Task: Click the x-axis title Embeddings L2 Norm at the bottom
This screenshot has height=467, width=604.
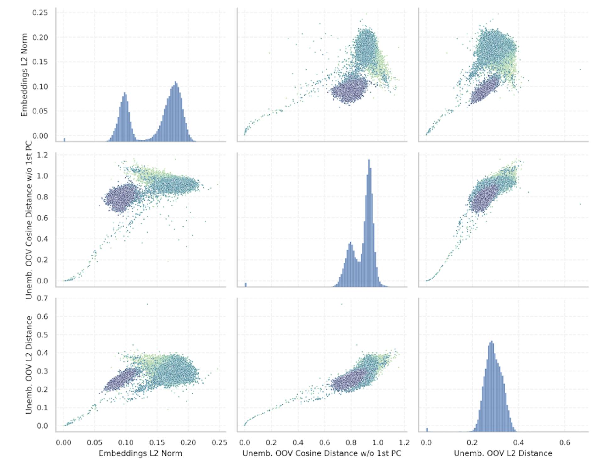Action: [x=140, y=453]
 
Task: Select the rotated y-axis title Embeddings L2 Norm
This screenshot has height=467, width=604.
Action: [x=24, y=75]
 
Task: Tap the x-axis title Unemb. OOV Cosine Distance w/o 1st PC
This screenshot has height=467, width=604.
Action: [x=322, y=453]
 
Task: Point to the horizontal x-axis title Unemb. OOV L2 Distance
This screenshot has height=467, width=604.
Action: [x=503, y=453]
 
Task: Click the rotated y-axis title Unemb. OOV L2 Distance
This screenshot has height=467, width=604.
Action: [x=29, y=365]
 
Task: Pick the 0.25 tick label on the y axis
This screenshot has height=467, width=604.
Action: [x=40, y=13]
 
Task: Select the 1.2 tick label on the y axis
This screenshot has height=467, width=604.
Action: [x=42, y=155]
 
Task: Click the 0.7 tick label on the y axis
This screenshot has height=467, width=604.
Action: [x=42, y=298]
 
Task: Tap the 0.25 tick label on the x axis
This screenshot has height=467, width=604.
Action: [x=219, y=443]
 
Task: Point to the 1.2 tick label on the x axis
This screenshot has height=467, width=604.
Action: [x=404, y=443]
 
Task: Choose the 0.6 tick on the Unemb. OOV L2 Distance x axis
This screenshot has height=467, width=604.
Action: [x=564, y=443]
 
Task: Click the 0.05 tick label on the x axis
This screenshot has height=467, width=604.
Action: [x=94, y=443]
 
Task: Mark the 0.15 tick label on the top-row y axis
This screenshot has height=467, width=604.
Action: [x=40, y=62]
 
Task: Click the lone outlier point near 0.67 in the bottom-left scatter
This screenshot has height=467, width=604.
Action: [x=147, y=304]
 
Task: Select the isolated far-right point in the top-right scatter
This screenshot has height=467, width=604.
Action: [x=580, y=69]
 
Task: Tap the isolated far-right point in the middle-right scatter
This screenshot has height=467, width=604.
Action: [x=580, y=204]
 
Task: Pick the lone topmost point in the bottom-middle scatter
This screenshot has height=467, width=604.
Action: [x=342, y=304]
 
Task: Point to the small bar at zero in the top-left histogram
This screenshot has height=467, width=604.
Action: [x=64, y=140]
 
